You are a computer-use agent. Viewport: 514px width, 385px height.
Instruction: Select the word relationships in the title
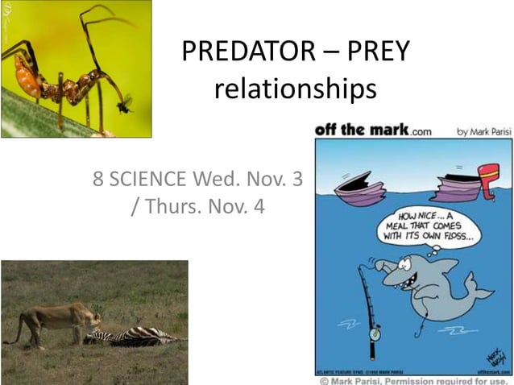click(295, 89)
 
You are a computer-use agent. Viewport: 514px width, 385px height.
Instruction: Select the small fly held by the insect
click(123, 103)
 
